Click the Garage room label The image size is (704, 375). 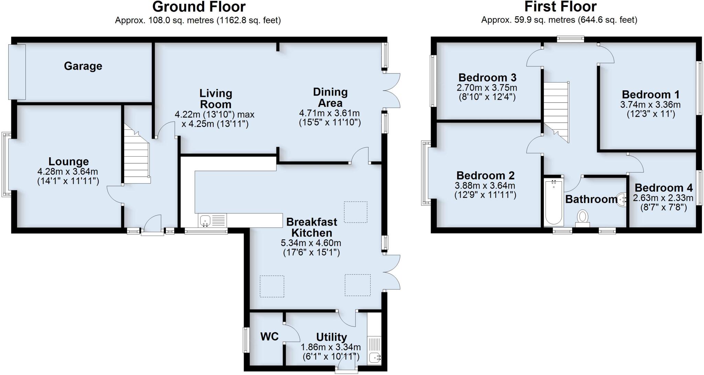[83, 66]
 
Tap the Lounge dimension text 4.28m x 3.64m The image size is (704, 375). [68, 171]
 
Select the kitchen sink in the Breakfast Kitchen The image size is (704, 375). [205, 220]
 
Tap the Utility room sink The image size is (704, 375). [374, 358]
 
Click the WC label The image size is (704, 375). [269, 337]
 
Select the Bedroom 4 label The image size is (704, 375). [663, 188]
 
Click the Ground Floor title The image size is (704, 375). [199, 7]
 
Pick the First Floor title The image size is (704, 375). [560, 7]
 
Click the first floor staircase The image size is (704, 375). [556, 110]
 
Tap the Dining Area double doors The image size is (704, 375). [392, 91]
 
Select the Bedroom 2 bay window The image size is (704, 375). [425, 173]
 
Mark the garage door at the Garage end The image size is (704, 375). [17, 72]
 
